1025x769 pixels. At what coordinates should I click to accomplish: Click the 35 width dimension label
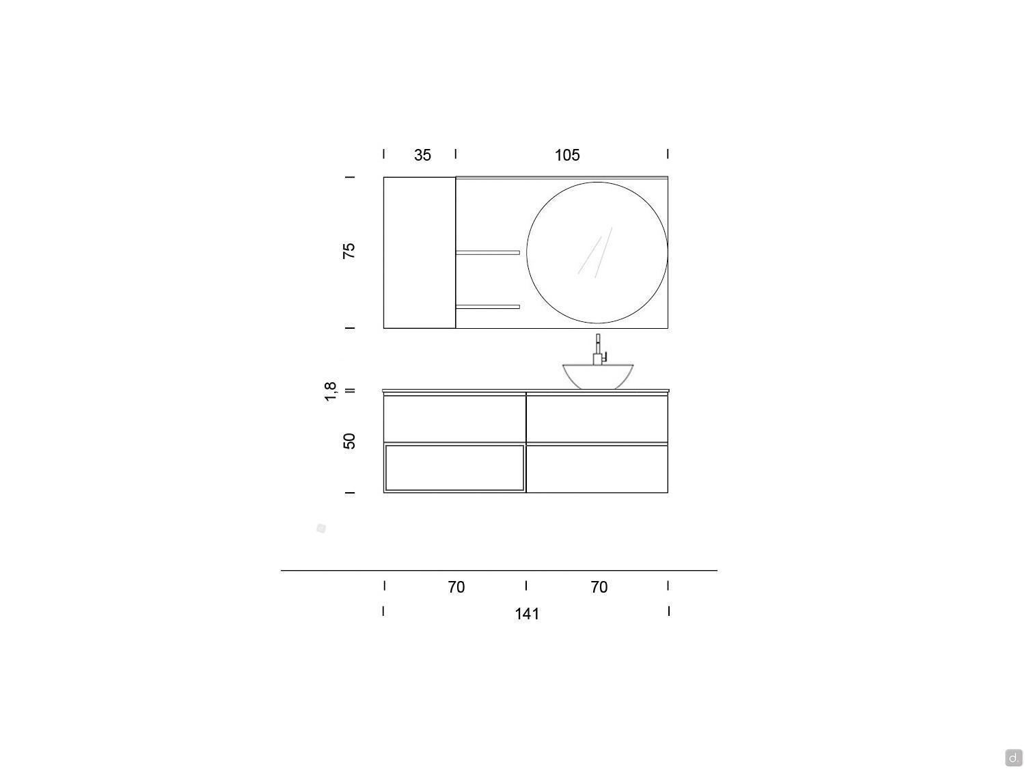[x=422, y=155]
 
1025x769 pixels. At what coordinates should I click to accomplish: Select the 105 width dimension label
[x=567, y=155]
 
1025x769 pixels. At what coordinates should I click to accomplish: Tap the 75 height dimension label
[x=348, y=251]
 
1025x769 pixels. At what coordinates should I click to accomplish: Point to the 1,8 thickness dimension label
[x=330, y=392]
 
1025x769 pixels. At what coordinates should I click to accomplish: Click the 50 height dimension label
[x=349, y=441]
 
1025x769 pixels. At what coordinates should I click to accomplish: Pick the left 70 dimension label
[x=456, y=587]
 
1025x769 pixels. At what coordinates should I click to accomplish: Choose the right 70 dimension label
[x=599, y=587]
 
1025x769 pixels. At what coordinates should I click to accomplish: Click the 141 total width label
[x=527, y=614]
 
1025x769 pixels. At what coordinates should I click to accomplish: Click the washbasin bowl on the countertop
[x=598, y=377]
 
